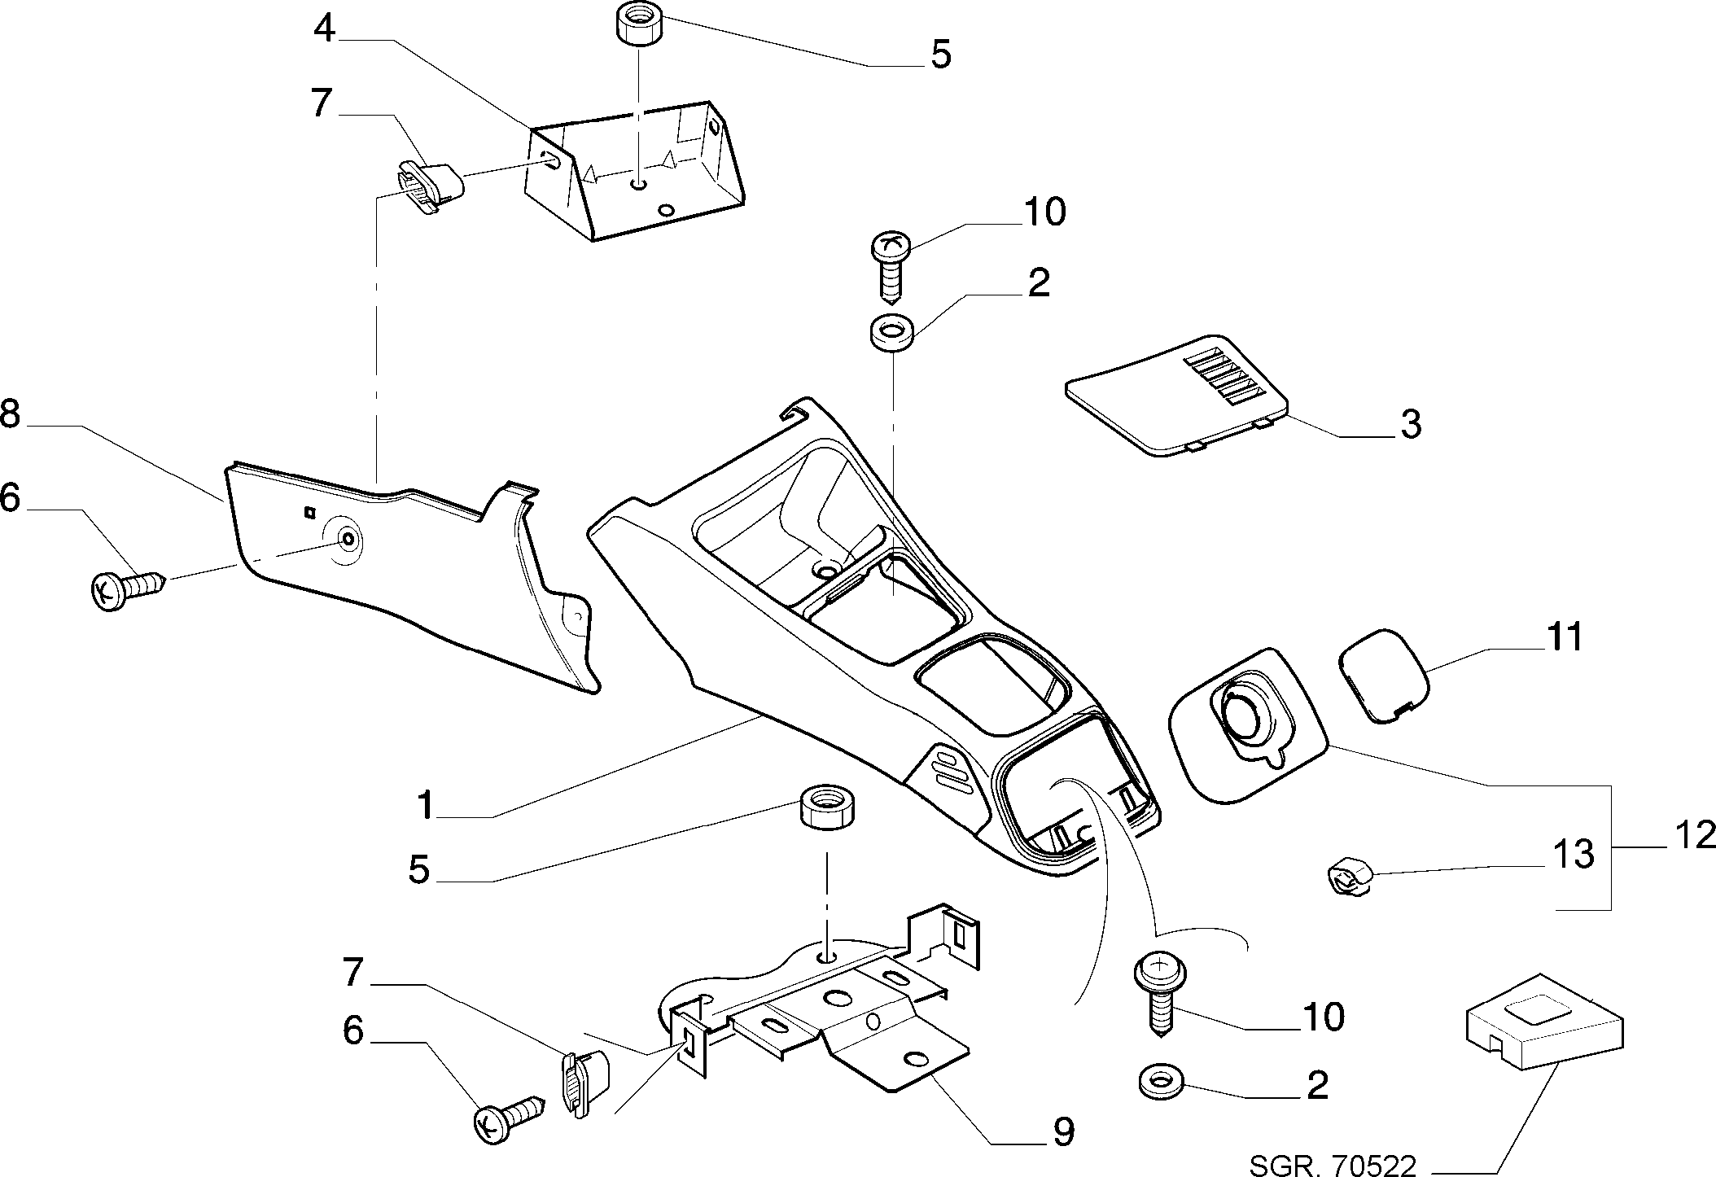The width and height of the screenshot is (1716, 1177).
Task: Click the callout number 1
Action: pos(425,806)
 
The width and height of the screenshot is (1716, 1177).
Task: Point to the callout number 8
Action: pos(10,415)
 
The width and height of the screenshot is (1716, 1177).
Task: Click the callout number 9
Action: pos(1062,1131)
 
